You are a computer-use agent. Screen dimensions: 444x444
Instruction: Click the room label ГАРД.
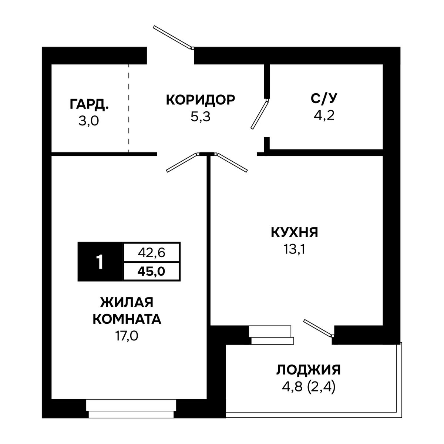click(x=89, y=104)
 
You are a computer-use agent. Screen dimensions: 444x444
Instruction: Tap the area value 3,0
click(x=88, y=121)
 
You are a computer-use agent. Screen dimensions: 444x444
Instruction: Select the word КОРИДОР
click(x=201, y=100)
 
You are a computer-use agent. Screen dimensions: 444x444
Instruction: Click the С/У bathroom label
click(x=324, y=99)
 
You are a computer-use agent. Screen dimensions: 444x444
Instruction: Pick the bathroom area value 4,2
click(x=324, y=115)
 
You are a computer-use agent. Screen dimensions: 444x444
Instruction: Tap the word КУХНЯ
click(x=294, y=232)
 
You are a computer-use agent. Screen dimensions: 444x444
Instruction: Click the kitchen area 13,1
click(x=294, y=249)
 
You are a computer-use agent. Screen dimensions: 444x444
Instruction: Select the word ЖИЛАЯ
click(x=127, y=302)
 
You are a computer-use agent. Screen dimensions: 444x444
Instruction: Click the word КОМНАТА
click(x=127, y=319)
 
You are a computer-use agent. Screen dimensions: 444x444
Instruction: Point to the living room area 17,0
click(x=127, y=336)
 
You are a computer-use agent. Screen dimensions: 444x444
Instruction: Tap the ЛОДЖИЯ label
click(x=308, y=370)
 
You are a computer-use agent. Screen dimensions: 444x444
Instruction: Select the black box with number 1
click(x=101, y=262)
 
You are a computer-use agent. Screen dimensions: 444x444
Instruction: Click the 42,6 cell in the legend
click(x=152, y=253)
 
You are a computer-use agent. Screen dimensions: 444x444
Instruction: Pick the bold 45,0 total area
click(x=152, y=272)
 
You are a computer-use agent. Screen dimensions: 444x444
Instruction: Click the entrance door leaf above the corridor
click(x=172, y=37)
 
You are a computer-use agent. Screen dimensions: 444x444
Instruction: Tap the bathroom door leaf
click(x=260, y=115)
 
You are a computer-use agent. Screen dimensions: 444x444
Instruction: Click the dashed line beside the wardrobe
click(x=129, y=108)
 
